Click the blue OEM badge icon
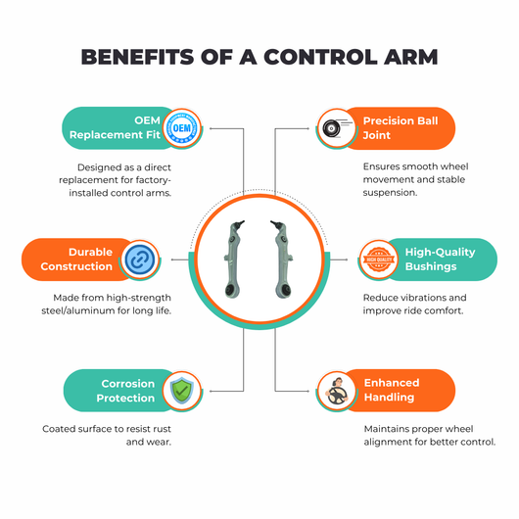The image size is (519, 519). [x=182, y=128]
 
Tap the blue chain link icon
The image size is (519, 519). [x=140, y=259]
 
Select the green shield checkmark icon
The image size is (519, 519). [x=182, y=391]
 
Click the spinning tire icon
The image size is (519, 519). [x=336, y=128]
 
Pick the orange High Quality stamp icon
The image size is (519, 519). [x=379, y=259]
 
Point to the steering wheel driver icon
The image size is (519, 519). [x=337, y=392]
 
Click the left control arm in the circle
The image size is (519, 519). [x=234, y=259]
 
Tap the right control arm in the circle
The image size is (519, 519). [x=282, y=259]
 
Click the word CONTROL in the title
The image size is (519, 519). [x=320, y=57]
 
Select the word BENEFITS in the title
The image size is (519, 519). [x=137, y=57]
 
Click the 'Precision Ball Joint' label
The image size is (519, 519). [x=401, y=128]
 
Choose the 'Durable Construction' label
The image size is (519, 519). [x=76, y=259]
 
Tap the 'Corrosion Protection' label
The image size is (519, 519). [x=125, y=391]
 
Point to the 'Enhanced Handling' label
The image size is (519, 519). [x=392, y=390]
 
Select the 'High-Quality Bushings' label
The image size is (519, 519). [x=441, y=259]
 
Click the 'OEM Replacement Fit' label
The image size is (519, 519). [x=115, y=127]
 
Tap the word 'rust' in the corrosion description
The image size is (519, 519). [x=162, y=429]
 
